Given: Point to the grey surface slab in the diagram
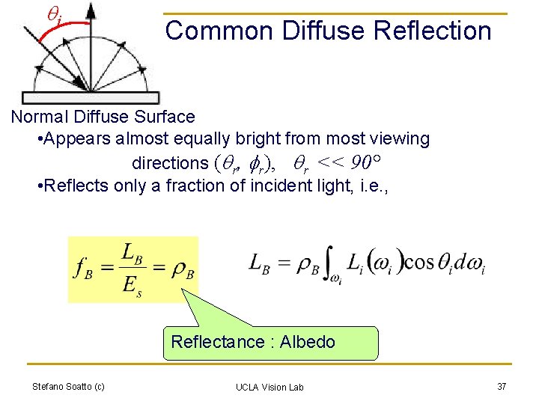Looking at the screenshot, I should point(91,97).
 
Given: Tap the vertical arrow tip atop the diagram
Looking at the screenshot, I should point(91,7).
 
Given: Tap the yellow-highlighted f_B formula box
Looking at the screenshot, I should point(133,269).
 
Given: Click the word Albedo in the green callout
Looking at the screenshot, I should point(308,342).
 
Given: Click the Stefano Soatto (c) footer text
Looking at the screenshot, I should point(68,386).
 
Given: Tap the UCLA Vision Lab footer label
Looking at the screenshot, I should point(269,387).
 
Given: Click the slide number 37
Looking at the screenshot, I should point(502,386).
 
